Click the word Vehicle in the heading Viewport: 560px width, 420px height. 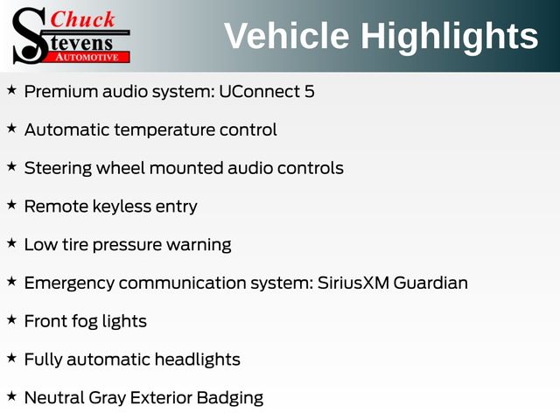(286, 36)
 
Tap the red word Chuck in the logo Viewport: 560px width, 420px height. (82, 19)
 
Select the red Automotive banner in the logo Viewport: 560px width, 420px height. (87, 58)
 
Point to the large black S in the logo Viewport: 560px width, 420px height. (29, 36)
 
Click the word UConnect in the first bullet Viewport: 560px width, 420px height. (259, 91)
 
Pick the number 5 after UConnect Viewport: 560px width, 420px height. (310, 92)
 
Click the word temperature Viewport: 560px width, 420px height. (164, 130)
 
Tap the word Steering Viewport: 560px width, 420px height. (58, 169)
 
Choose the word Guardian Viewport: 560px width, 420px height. (430, 283)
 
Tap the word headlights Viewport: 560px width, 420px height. (198, 360)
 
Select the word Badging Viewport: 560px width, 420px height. (230, 399)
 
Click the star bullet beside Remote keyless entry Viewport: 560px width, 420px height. (11, 205)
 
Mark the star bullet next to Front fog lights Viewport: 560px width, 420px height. (11, 319)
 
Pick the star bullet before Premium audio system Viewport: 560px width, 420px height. (11, 89)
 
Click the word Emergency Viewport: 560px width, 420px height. (69, 283)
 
